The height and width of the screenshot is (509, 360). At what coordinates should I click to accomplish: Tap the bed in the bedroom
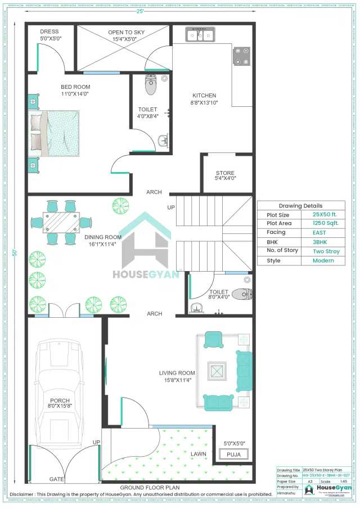point(54,133)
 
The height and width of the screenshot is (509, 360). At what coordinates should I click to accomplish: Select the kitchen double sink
point(200,35)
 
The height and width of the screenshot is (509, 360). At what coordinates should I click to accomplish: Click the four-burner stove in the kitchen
point(242,56)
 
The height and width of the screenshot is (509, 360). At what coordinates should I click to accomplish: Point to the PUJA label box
point(233,454)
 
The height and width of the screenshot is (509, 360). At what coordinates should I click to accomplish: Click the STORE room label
point(226,173)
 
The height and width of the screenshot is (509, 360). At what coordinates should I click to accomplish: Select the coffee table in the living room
point(217,370)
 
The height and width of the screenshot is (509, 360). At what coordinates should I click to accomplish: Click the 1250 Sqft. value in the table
point(326,223)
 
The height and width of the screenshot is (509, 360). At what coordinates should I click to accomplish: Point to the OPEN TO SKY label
point(126,33)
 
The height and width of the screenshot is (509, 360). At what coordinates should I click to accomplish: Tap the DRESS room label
point(48,31)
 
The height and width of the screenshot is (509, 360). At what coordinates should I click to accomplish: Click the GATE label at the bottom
point(56,479)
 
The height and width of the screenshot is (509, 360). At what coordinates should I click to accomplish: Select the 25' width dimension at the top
point(138,11)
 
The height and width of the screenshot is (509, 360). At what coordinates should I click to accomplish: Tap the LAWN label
point(198,453)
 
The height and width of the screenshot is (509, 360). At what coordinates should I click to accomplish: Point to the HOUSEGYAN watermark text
point(146,274)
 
